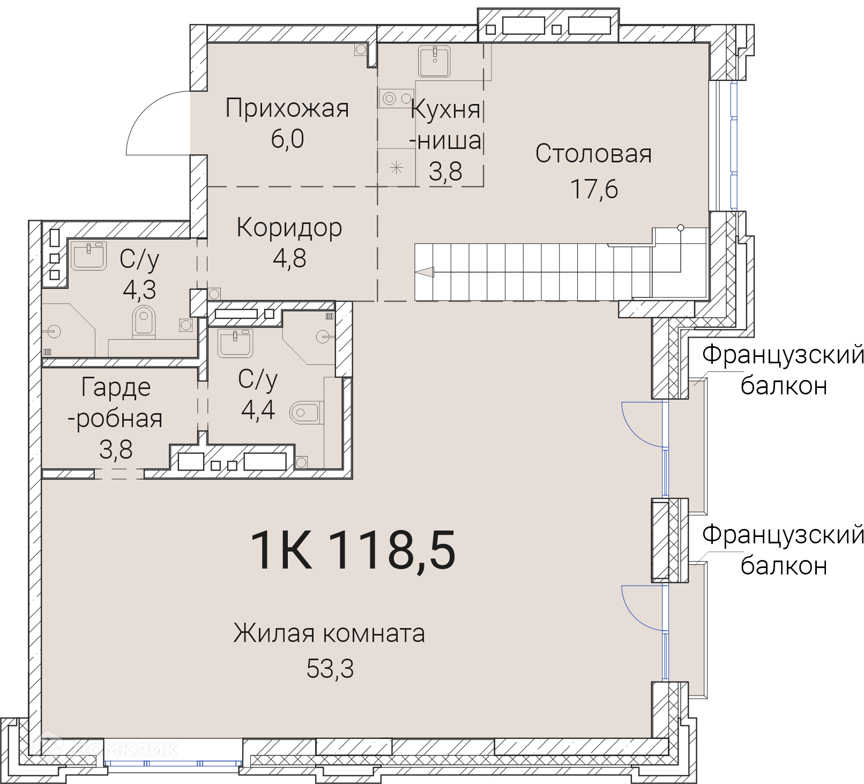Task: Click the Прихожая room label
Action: pyautogui.click(x=287, y=109)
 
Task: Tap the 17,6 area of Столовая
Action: pyautogui.click(x=594, y=189)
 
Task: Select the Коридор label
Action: pyautogui.click(x=289, y=228)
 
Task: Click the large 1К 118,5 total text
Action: pyautogui.click(x=353, y=550)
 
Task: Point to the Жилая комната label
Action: pyautogui.click(x=330, y=633)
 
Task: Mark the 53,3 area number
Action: pyautogui.click(x=330, y=669)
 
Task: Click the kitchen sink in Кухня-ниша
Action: pyautogui.click(x=434, y=61)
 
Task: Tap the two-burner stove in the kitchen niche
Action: pyautogui.click(x=397, y=99)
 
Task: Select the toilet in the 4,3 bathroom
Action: pyautogui.click(x=144, y=322)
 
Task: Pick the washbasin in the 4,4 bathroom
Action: pyautogui.click(x=235, y=343)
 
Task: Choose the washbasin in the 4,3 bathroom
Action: pyautogui.click(x=89, y=256)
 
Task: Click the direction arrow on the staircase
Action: pyautogui.click(x=424, y=272)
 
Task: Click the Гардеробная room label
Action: pyautogui.click(x=115, y=418)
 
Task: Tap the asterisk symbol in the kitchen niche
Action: pyautogui.click(x=396, y=168)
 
